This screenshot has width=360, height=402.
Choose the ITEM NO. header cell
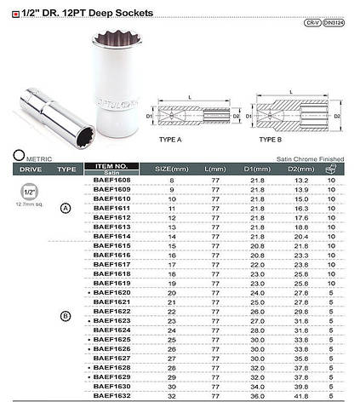pyautogui.click(x=111, y=166)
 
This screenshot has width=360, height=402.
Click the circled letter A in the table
pyautogui.click(x=66, y=208)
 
